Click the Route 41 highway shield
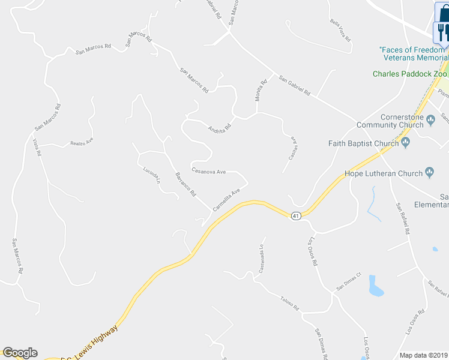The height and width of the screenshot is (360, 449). point(295,216)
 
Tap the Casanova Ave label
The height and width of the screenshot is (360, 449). point(208,171)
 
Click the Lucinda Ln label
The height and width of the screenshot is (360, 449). point(152,175)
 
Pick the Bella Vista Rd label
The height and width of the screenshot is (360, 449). point(340,28)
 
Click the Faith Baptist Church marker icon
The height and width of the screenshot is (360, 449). point(406,143)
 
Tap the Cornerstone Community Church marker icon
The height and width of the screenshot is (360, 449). point(430,121)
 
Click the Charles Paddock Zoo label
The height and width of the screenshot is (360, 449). point(410,74)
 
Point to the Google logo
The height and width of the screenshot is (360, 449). point(20,353)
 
